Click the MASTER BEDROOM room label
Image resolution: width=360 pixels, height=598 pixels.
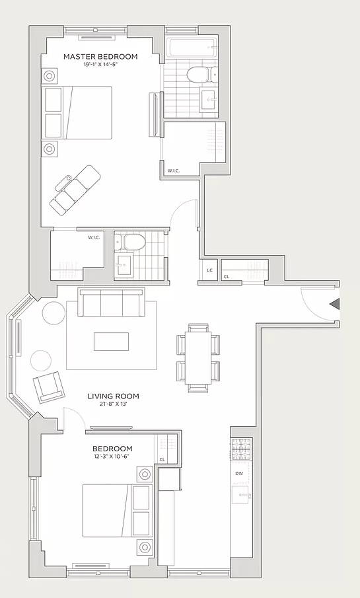click(100, 57)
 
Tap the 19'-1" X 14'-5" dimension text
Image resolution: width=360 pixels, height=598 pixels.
click(100, 65)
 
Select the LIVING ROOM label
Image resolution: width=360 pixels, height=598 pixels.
click(113, 396)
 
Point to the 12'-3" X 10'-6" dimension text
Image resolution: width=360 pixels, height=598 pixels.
click(112, 457)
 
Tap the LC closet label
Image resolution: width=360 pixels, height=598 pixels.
click(209, 270)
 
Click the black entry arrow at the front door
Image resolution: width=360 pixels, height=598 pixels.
click(334, 304)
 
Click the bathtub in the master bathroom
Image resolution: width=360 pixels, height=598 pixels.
click(192, 48)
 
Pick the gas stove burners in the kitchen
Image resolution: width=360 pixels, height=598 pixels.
click(241, 449)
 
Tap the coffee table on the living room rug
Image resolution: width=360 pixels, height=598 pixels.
click(112, 342)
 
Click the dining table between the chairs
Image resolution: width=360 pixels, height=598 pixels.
click(198, 357)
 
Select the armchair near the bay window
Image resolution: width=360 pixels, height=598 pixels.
click(48, 387)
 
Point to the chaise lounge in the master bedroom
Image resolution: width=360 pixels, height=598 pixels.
click(76, 188)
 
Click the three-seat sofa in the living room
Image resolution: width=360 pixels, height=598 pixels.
click(112, 302)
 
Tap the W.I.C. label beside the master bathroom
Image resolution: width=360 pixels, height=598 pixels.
click(174, 171)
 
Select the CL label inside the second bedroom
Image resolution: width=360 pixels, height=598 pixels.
click(162, 459)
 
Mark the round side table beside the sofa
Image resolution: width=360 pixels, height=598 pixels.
click(54, 313)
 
